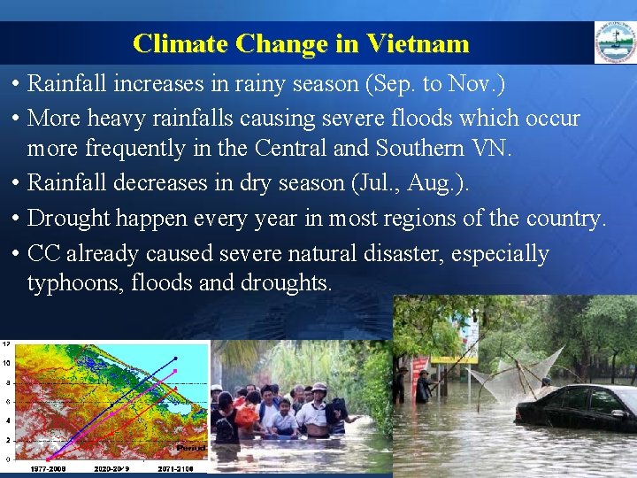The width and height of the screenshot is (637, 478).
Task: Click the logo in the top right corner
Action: click(614, 42)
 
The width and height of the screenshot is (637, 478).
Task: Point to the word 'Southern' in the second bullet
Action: click(414, 149)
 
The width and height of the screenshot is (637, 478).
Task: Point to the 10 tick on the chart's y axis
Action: click(6, 363)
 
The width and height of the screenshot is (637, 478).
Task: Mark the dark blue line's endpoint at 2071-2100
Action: click(176, 358)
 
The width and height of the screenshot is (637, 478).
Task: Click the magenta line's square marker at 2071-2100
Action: click(176, 371)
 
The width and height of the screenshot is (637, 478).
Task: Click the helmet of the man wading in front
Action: click(318, 387)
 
